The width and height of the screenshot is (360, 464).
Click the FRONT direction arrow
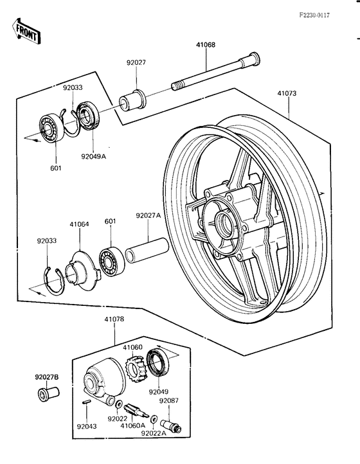pyautogui.click(x=24, y=29)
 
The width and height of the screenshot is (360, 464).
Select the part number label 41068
pyautogui.click(x=206, y=45)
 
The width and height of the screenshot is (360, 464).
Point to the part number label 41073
pyautogui.click(x=287, y=94)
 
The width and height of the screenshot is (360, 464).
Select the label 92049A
pyautogui.click(x=94, y=156)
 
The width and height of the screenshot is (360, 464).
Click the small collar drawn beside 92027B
pyautogui.click(x=47, y=392)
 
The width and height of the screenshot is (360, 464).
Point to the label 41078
pyautogui.click(x=114, y=320)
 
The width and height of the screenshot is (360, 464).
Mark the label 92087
pyautogui.click(x=168, y=400)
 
